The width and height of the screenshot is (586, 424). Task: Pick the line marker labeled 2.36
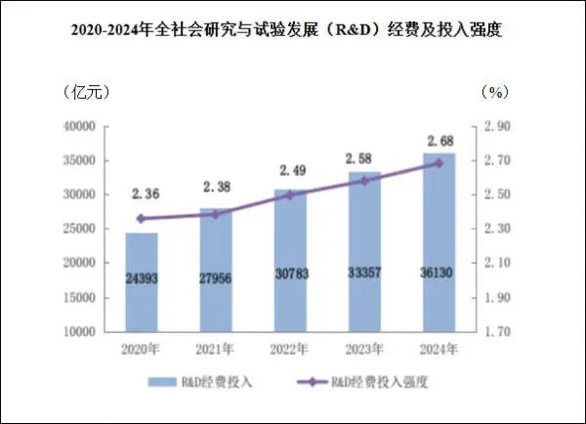(142, 219)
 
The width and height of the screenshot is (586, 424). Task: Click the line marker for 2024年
(439, 163)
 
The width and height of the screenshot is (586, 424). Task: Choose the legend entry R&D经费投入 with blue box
(200, 382)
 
